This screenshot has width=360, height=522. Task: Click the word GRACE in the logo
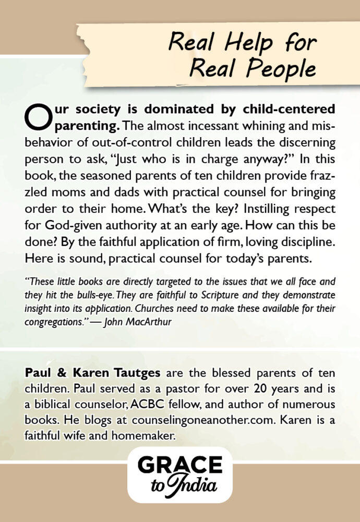[180, 466]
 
